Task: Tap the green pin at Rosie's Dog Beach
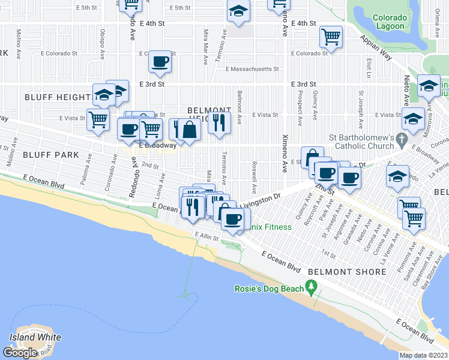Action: pos(310,290)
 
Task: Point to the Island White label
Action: pos(35,337)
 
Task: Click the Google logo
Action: pos(20,353)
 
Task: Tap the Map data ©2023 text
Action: pos(424,355)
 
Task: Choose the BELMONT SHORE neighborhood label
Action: pos(347,272)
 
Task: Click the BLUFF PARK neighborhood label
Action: pos(51,155)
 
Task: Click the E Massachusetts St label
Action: pos(252,69)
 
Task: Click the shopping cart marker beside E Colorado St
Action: pos(331,36)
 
